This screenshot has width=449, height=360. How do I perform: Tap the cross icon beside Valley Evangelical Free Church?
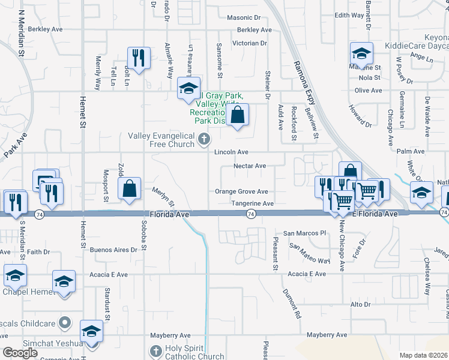[x=204, y=140]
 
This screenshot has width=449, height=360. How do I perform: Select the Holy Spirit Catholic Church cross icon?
[x=155, y=350]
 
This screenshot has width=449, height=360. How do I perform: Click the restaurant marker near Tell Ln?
[x=138, y=58]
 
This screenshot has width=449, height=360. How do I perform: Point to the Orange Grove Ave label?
[x=242, y=192]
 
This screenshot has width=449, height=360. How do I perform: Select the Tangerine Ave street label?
[x=253, y=204]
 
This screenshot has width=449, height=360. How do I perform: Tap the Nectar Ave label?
[x=250, y=166]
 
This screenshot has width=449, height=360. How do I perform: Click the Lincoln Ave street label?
[x=232, y=153]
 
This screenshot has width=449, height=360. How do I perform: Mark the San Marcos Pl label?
[x=304, y=233]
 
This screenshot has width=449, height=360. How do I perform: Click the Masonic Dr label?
[x=244, y=18]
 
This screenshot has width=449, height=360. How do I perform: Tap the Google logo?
[x=20, y=353]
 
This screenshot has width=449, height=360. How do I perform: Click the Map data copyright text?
[x=423, y=356]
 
